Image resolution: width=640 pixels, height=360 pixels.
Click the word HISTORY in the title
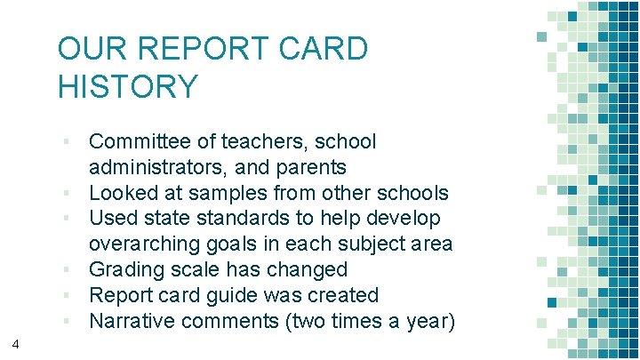[128, 86]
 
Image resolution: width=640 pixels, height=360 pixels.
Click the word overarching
[148, 244]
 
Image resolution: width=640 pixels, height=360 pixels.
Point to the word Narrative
[131, 321]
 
